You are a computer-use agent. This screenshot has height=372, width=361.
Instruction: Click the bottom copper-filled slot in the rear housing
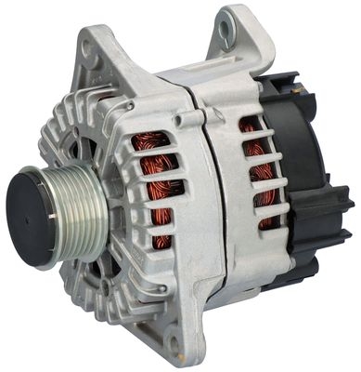266,221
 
